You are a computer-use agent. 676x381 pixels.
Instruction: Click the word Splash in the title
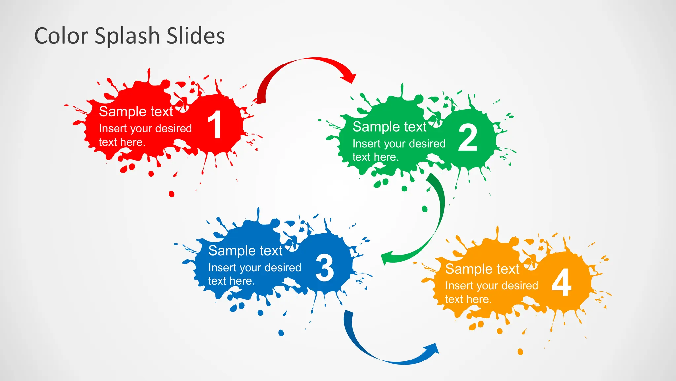tap(127, 36)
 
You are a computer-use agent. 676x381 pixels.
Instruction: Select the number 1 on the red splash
tap(215, 125)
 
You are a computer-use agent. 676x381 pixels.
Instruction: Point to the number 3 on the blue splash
tap(324, 268)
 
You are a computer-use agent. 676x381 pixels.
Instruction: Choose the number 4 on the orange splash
tap(561, 283)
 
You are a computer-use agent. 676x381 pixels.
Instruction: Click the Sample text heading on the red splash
tap(136, 112)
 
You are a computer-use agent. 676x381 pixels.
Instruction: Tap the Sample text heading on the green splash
tap(389, 127)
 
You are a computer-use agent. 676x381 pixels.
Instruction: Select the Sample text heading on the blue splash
tap(245, 251)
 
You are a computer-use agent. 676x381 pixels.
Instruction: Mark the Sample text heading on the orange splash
tap(482, 269)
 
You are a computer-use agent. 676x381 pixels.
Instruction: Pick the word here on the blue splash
tap(242, 281)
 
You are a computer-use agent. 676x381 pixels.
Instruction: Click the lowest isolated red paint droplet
tap(171, 194)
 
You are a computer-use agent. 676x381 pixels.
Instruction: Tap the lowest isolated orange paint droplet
tap(520, 352)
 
